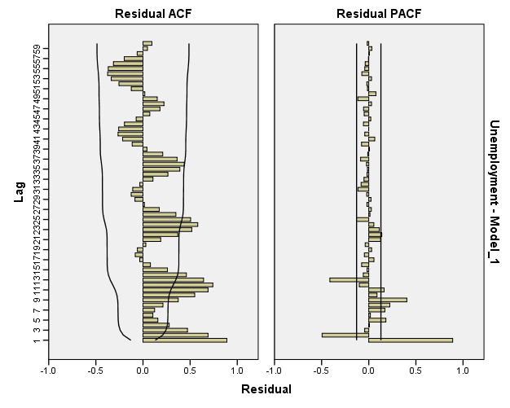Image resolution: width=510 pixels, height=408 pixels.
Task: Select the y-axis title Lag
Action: (19, 192)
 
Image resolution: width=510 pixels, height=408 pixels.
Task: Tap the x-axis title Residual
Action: (266, 389)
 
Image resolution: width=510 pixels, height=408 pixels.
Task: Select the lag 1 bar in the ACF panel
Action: (185, 340)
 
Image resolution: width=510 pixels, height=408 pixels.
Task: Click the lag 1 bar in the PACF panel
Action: (410, 340)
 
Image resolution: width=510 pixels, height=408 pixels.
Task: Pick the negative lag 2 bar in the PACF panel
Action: (345, 335)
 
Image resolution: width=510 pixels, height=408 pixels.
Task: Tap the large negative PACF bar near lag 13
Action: (349, 279)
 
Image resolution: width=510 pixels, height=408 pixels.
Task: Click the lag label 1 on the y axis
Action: (37, 340)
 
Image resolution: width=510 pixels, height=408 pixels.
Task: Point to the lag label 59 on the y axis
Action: (37, 48)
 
